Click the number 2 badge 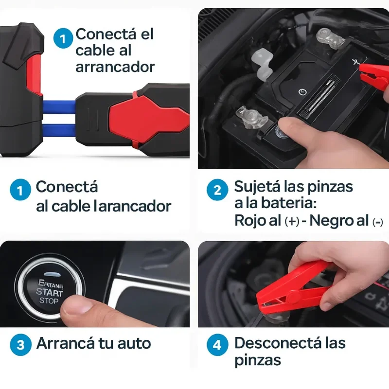coord(217,190)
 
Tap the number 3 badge coord(20,345)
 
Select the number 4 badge coord(217,345)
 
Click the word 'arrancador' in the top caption coord(115,68)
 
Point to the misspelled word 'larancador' coord(133,206)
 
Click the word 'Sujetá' coord(257,187)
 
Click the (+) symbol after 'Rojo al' coord(292,221)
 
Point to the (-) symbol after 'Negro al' coord(378,222)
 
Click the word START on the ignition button coord(50,292)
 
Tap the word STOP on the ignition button coord(49,301)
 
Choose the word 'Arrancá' coord(66,344)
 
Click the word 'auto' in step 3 coord(134,344)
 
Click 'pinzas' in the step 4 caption coord(258,361)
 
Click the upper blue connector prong coord(59,107)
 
